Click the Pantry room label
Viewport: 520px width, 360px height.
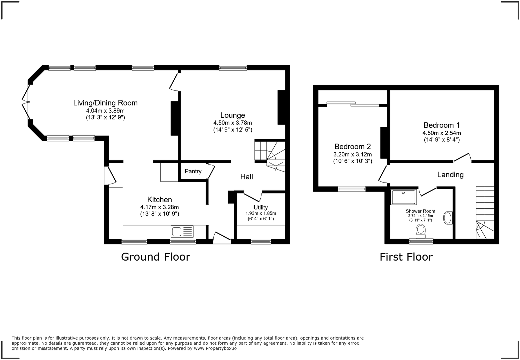pyautogui.click(x=193, y=171)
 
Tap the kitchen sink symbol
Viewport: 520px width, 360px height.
pyautogui.click(x=182, y=231)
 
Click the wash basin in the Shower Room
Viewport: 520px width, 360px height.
pyautogui.click(x=447, y=218)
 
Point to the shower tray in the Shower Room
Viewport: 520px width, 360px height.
pyautogui.click(x=404, y=197)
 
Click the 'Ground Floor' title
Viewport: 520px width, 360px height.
pyautogui.click(x=155, y=257)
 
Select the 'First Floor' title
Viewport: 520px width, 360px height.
pyautogui.click(x=406, y=257)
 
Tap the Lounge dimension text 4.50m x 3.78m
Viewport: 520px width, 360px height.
pyautogui.click(x=233, y=123)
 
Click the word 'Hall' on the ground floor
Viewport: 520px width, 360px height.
pyautogui.click(x=247, y=176)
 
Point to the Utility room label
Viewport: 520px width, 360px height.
pyautogui.click(x=261, y=208)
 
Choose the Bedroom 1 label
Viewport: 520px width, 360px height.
pyautogui.click(x=442, y=125)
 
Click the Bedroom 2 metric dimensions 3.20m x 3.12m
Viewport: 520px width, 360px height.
pyautogui.click(x=352, y=154)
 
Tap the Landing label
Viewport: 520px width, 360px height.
pyautogui.click(x=450, y=174)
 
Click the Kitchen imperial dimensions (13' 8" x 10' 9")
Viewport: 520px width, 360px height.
pyautogui.click(x=160, y=214)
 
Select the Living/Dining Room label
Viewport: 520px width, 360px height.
pyautogui.click(x=105, y=103)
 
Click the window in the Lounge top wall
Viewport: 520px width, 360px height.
pyautogui.click(x=233, y=68)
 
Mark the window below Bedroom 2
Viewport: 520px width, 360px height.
pyautogui.click(x=352, y=189)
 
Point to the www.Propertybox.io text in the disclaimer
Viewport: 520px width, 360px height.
pyautogui.click(x=215, y=348)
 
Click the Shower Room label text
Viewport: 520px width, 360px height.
pyautogui.click(x=420, y=211)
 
